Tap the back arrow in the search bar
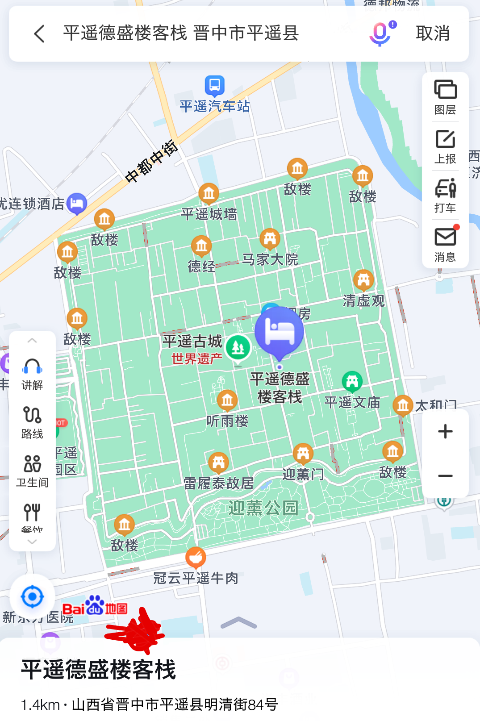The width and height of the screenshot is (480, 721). tap(40, 33)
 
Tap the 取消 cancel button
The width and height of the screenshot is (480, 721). tap(432, 33)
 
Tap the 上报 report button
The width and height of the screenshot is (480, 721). tap(445, 146)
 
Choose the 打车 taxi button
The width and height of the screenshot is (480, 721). tap(445, 196)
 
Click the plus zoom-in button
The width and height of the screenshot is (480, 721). tap(445, 431)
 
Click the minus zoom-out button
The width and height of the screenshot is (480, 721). tap(445, 476)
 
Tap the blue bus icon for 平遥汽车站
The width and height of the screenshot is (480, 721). tap(215, 85)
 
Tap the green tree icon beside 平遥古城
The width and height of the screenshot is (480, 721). tap(238, 348)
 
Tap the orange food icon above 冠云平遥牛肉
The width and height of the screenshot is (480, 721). tap(196, 557)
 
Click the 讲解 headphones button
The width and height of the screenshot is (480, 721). tap(32, 374)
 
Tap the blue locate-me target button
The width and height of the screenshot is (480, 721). tap(33, 597)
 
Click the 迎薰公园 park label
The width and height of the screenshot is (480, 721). tap(263, 508)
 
